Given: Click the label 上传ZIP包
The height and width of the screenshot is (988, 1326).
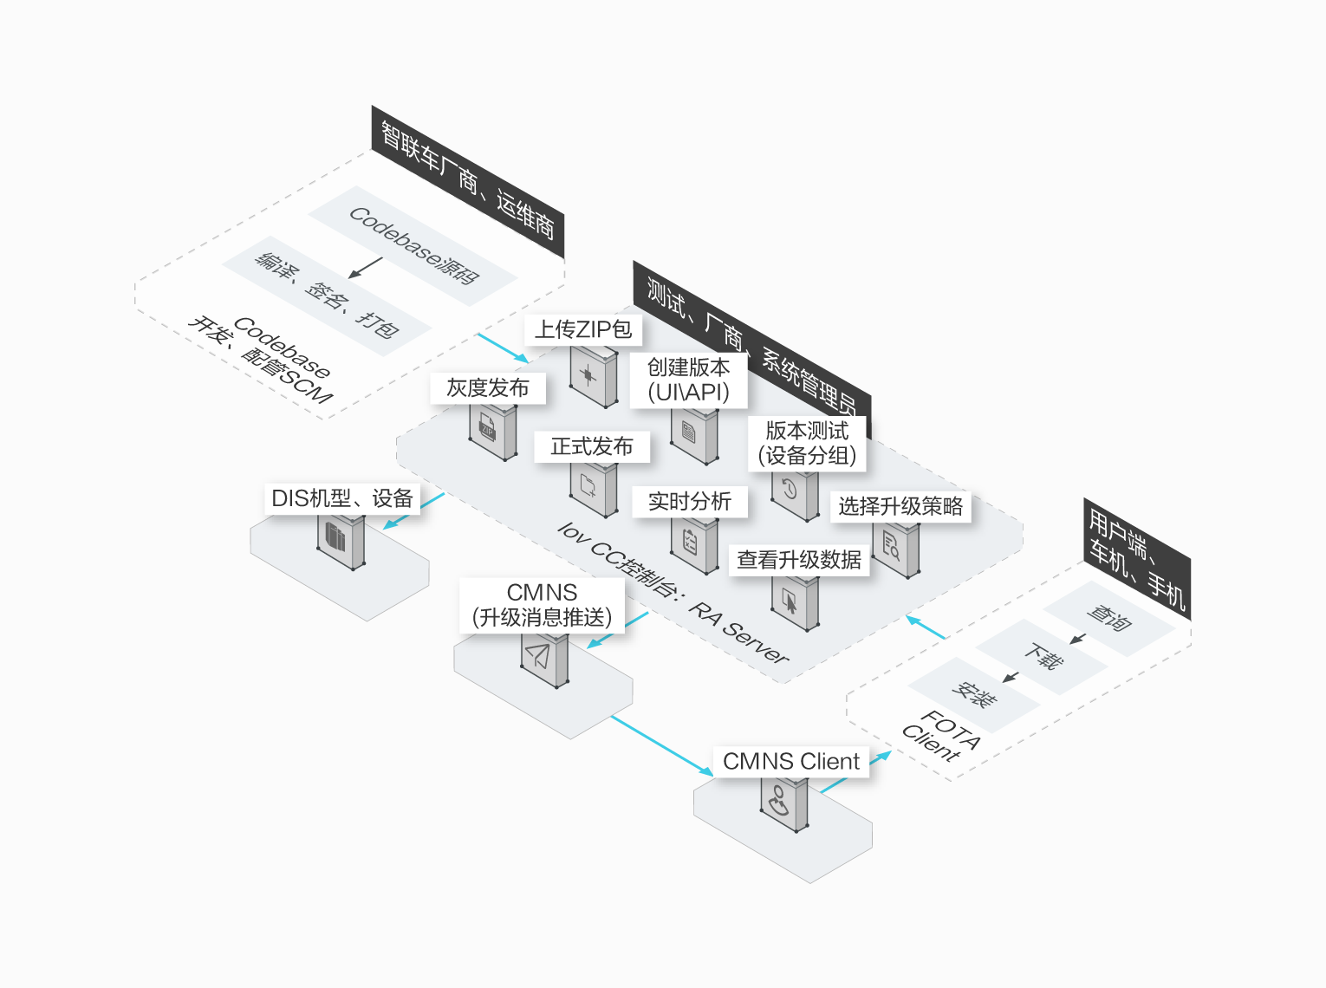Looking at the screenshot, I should click(583, 329).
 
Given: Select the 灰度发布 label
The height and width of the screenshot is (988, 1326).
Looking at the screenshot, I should click(488, 388).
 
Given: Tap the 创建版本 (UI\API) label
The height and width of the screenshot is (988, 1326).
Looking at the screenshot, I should click(688, 380).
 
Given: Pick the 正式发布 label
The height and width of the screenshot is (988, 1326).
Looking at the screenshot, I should click(592, 446).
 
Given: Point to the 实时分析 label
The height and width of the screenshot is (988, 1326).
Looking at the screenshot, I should click(690, 501).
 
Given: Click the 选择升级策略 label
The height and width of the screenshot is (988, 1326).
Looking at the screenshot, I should click(900, 506).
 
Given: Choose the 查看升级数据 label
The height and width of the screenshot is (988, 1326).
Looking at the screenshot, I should click(799, 560).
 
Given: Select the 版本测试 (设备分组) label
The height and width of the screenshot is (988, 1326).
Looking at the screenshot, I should click(807, 443).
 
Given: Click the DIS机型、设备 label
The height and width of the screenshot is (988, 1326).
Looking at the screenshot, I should click(341, 498).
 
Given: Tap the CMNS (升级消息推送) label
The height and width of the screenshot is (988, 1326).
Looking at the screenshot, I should click(542, 605).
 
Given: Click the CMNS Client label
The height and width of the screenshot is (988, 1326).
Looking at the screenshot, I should click(790, 761).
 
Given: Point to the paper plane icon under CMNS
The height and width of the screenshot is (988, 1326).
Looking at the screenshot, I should click(539, 655).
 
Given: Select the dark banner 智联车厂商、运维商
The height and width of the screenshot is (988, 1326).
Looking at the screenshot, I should click(468, 182).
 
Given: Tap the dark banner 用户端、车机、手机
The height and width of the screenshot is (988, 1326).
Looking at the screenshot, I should click(1136, 559).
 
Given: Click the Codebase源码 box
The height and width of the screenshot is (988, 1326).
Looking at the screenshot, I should click(413, 246).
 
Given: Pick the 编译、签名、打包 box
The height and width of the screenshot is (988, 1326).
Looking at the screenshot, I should click(327, 296).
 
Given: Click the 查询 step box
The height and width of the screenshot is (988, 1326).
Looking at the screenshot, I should click(1108, 618).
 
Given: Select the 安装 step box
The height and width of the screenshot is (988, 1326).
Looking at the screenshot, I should click(973, 694).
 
